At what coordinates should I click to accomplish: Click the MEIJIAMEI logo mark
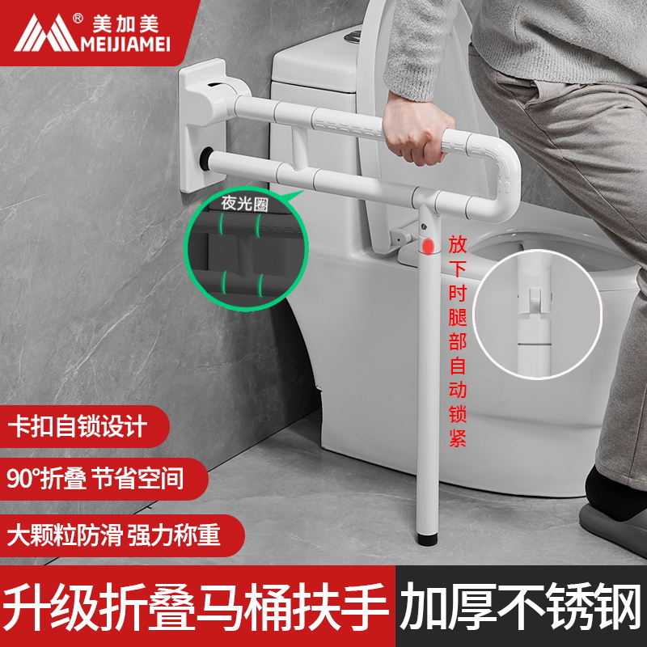[x=40, y=33]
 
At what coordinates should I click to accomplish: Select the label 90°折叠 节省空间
[x=95, y=479]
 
